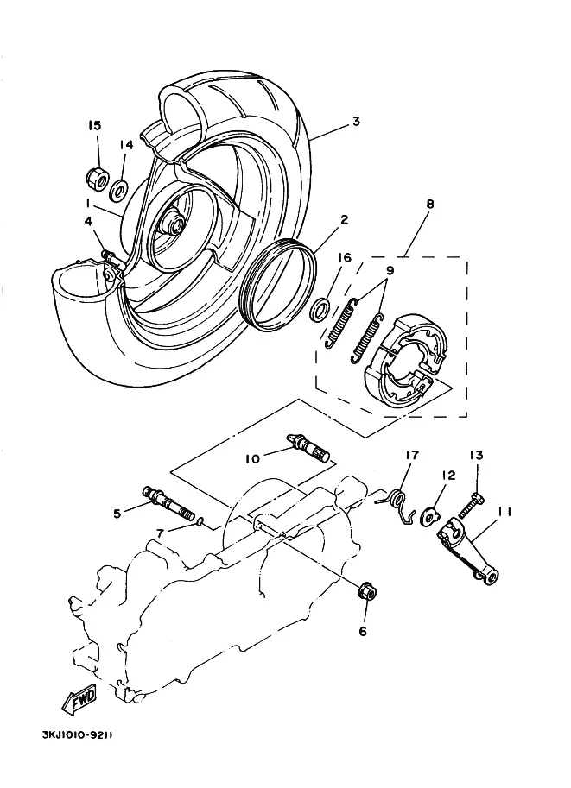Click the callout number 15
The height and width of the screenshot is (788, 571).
pos(94,125)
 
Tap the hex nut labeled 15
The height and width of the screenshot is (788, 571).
pos(97,179)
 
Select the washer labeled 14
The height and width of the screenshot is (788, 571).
pos(119,190)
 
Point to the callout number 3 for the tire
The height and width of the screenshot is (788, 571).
pos(356,121)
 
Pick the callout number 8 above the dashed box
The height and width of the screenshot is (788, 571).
pos(429,204)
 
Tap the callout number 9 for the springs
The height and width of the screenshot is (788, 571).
pos(390,270)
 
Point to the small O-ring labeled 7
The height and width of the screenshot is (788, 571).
pos(200,521)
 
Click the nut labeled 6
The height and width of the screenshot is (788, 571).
pos(366,592)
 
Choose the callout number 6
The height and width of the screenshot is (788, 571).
pos(363,631)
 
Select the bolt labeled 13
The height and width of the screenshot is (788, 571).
pos(472,505)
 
